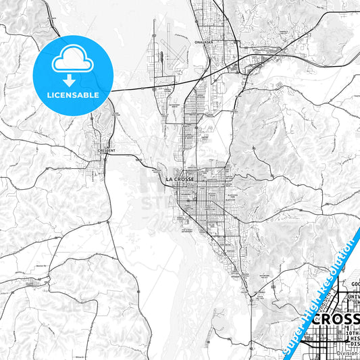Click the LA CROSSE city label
[x=179, y=179]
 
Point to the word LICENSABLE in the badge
[x=72, y=95]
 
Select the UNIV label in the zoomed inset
[x=353, y=297]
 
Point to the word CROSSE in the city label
[x=183, y=179]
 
